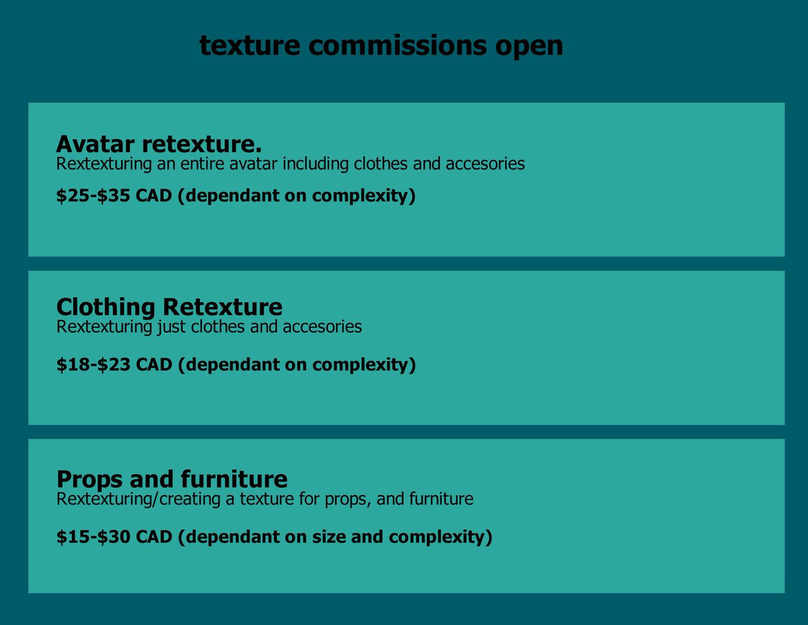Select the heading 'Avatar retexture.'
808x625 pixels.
(159, 143)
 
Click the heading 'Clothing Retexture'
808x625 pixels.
(169, 307)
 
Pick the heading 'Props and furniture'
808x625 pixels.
(172, 480)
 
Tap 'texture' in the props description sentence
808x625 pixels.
(275, 500)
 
